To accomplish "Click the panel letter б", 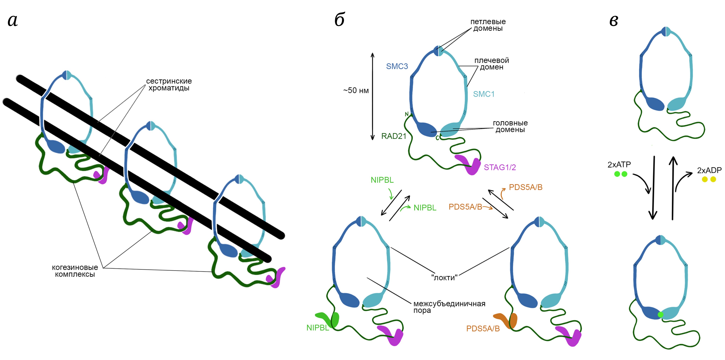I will [x=340, y=20].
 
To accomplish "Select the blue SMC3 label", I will [x=397, y=66].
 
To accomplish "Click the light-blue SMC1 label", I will [x=484, y=94].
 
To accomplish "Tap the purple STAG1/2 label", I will [x=500, y=167].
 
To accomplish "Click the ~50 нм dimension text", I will [x=356, y=91].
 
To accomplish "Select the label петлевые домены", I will [x=488, y=25].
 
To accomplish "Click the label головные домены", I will [x=510, y=126].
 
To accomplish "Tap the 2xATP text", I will [x=619, y=165].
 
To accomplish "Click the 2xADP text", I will [x=709, y=170].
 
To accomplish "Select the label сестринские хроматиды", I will [x=169, y=84].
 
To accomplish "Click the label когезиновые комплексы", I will [x=75, y=271].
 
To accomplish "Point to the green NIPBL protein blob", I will [x=329, y=319].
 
